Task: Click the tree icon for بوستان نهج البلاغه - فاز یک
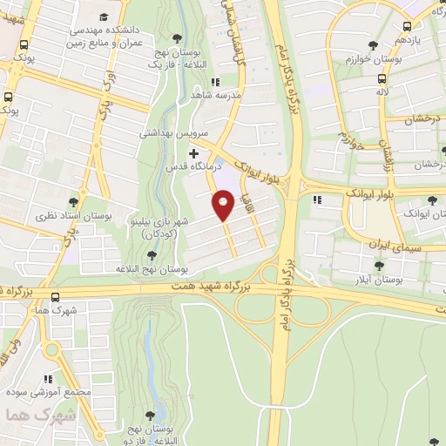178,37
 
